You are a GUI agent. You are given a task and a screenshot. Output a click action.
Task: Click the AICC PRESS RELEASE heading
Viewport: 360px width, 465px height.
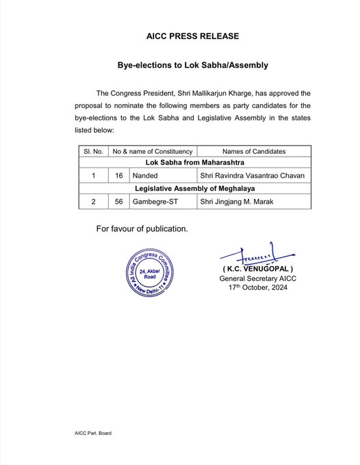pos(192,36)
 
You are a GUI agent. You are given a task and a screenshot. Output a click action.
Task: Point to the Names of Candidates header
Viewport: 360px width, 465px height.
pos(254,151)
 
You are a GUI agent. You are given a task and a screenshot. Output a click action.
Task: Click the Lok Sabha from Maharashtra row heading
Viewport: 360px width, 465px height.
pos(192,163)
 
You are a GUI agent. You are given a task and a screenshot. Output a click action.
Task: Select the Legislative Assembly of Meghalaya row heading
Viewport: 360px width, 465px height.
pos(192,188)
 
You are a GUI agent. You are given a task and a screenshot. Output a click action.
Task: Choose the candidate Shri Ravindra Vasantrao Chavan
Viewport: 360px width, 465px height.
pos(254,176)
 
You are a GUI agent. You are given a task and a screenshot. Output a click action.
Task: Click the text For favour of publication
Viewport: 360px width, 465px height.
pos(142,228)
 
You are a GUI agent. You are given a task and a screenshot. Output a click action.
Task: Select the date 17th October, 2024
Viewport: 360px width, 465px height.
pos(257,288)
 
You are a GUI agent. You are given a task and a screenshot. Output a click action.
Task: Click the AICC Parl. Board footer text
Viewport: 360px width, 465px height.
pos(94,434)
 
